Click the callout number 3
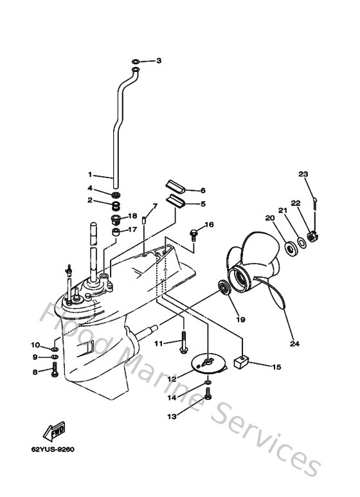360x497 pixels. pos(159,61)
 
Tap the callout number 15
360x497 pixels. pos(276,367)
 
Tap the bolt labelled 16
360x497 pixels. pos(193,235)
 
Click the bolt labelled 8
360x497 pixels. pos(55,371)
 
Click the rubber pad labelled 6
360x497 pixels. pos(175,186)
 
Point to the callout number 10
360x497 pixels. pos(35,345)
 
